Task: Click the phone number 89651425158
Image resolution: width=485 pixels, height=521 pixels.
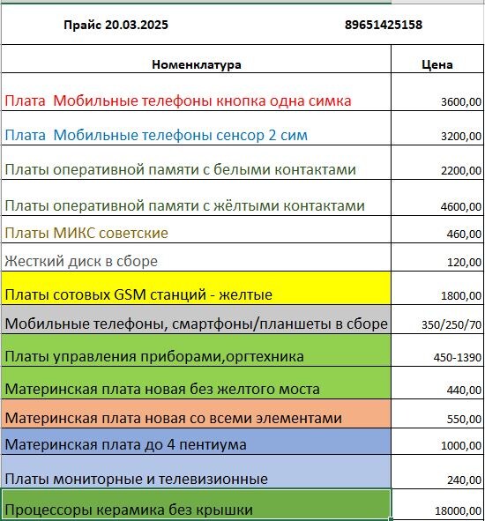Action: [383, 25]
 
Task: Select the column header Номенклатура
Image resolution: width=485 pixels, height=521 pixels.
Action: [197, 64]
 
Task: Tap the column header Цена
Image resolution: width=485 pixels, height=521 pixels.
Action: [437, 64]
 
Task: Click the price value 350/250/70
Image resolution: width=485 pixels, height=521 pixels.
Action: [451, 324]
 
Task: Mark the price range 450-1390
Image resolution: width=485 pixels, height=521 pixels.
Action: [455, 357]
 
